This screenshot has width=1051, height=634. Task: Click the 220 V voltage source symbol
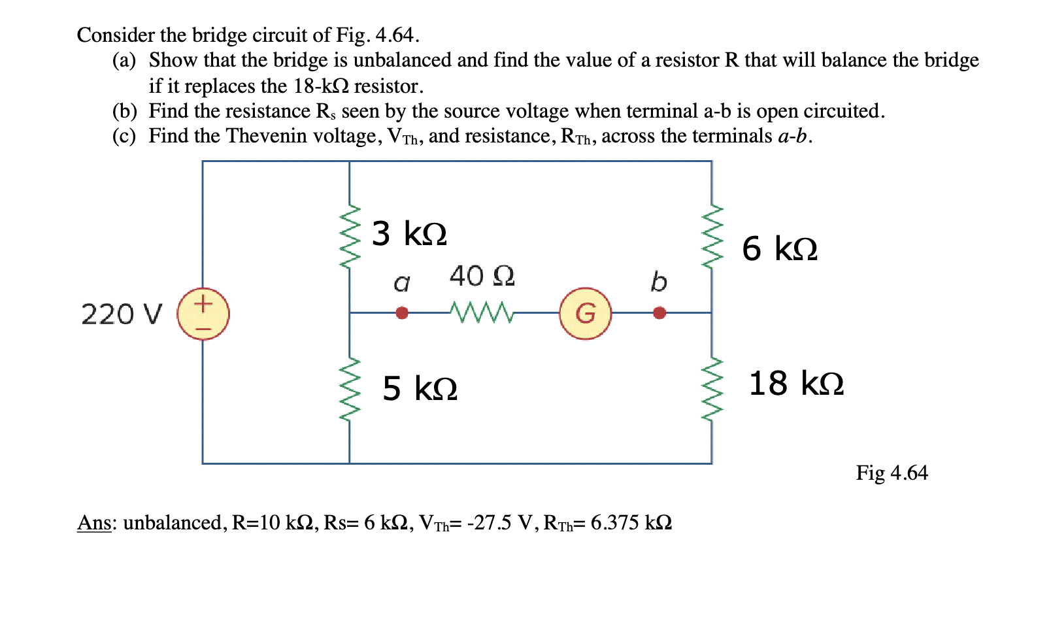pos(203,314)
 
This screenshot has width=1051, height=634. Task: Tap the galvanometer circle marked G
pos(586,314)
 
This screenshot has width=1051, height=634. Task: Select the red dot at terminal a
pos(402,313)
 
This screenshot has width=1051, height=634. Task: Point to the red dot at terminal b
pos(659,313)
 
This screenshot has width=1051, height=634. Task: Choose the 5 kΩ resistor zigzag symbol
pos(350,390)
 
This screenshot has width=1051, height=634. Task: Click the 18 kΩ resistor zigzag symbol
pos(712,390)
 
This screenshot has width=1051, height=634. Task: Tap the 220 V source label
pos(121,314)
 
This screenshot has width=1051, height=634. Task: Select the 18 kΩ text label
pos(796,384)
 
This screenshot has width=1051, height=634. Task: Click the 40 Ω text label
pos(482,276)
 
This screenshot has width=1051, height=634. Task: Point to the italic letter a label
pos(401,283)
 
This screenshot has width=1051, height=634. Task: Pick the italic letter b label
pos(659,282)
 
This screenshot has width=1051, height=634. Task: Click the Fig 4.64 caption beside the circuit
pos(892,473)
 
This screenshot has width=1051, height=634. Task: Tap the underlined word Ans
pos(93,523)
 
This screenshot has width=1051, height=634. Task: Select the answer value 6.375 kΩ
pos(631,523)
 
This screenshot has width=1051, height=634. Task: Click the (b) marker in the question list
pos(124,111)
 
